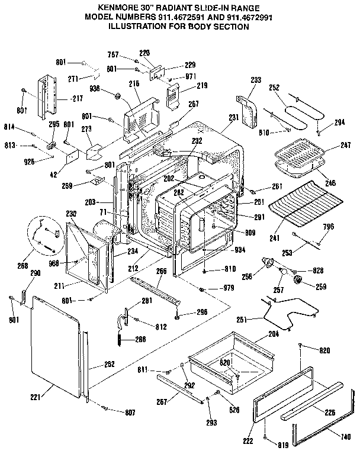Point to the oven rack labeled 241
[302, 207]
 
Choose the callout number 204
[274, 334]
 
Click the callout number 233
[256, 79]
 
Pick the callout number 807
[129, 412]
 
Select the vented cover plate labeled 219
[173, 94]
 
